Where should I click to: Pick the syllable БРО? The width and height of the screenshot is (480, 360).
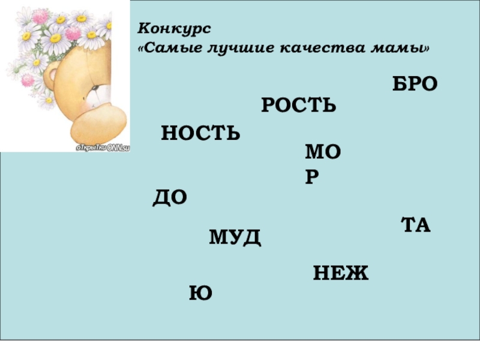415,85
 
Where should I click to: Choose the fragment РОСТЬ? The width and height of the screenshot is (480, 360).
299,106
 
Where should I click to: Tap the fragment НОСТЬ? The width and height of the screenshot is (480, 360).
200,133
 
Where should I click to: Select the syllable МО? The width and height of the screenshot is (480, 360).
323,153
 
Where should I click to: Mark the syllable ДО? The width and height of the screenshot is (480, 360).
170,197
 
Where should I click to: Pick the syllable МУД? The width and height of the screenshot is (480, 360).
235,237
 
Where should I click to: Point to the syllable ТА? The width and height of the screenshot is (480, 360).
416,226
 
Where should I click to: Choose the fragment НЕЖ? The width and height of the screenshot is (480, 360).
340,274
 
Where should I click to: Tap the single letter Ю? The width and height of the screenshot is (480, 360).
201,293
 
